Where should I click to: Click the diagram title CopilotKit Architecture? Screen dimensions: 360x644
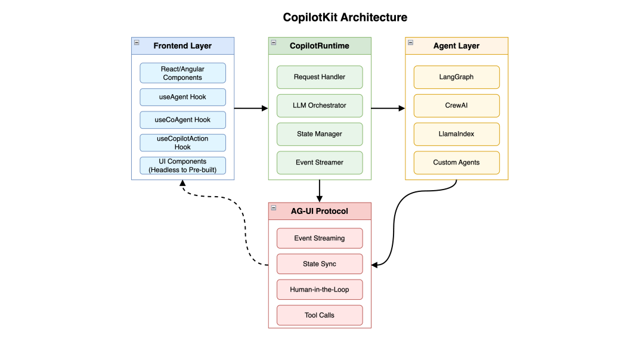[345, 17]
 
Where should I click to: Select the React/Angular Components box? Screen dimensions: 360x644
[182, 73]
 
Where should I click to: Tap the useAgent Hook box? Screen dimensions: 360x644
[182, 97]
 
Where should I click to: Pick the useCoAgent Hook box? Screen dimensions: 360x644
[182, 120]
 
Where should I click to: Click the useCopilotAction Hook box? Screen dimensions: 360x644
[182, 142]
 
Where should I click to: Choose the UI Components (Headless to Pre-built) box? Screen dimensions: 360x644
[182, 166]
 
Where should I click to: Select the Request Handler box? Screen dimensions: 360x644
[320, 77]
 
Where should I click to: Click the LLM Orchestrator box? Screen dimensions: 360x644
[320, 105]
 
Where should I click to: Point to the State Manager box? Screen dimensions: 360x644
[320, 134]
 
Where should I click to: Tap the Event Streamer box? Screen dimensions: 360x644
[320, 162]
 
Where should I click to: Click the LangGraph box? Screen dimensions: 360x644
[456, 77]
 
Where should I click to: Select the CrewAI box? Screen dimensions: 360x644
[456, 105]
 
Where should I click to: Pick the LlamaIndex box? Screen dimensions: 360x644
[456, 134]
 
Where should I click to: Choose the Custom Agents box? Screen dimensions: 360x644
[456, 162]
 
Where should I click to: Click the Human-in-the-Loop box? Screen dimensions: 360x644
[320, 290]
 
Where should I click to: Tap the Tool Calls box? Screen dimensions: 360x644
[320, 315]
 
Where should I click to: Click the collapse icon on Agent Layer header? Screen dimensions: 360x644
[410, 42]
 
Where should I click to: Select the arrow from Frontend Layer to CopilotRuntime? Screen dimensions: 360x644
[250, 108]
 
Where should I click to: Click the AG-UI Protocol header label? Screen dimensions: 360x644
[320, 211]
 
